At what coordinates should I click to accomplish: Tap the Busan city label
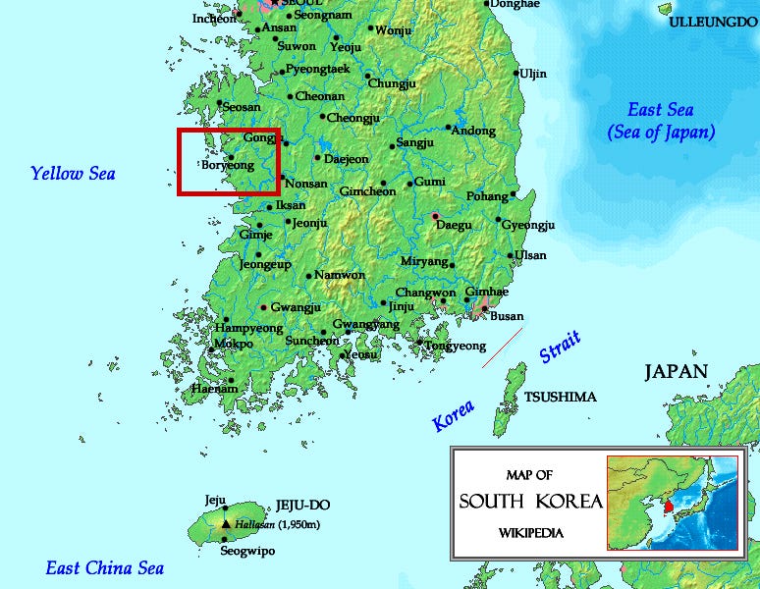pos(507,316)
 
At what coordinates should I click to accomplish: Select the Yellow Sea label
pos(73,174)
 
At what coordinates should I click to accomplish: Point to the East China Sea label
pos(105,568)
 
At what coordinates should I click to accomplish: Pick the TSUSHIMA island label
pos(560,397)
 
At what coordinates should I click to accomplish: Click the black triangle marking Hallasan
pos(226,524)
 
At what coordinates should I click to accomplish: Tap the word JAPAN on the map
pos(676,371)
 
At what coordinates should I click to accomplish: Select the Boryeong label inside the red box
pos(228,166)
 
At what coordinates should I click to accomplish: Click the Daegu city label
pos(453,225)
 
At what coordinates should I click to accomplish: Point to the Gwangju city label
pos(296,307)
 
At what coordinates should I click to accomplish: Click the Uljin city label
pos(533,74)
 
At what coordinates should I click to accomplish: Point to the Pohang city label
pos(487,196)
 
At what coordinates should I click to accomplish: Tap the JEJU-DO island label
pos(302,505)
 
